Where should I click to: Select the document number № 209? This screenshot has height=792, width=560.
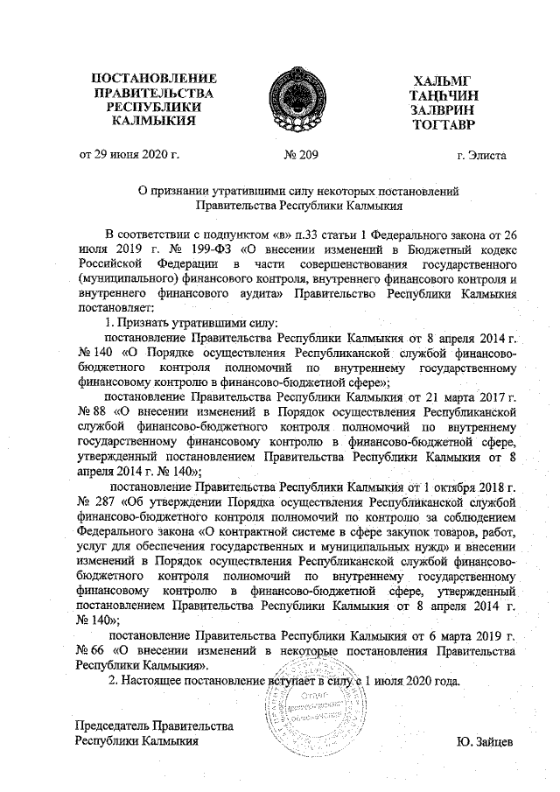click(302, 156)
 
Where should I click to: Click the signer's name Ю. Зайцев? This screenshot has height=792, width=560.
click(485, 741)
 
